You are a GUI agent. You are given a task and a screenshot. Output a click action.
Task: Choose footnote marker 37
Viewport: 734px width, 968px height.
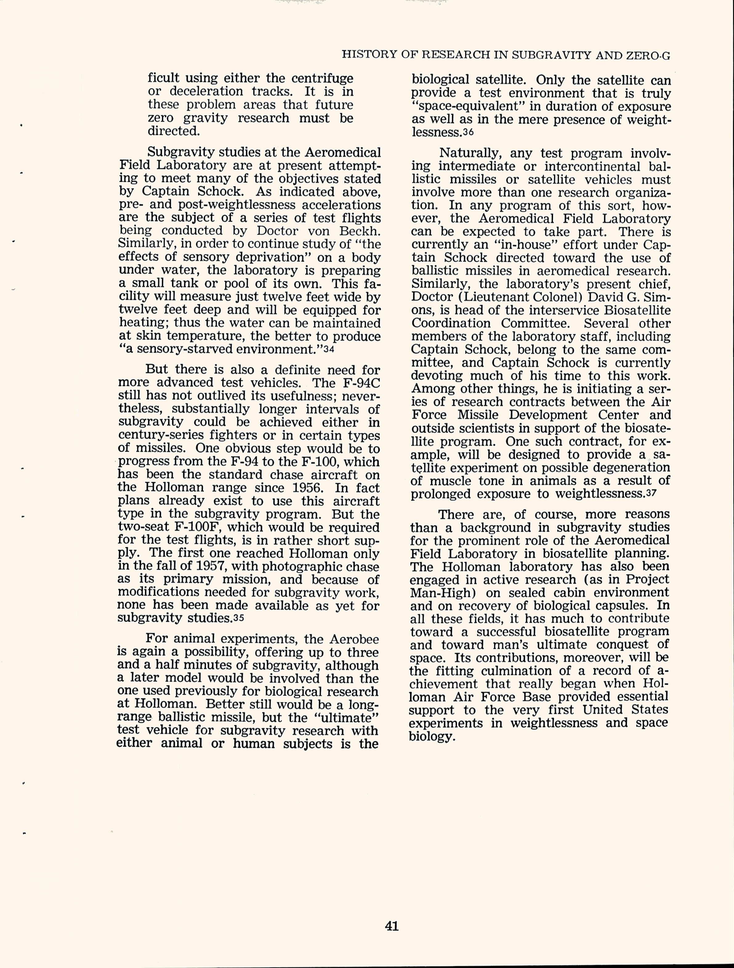pyautogui.click(x=651, y=494)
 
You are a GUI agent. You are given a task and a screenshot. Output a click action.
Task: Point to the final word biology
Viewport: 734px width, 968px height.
pyautogui.click(x=432, y=737)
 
